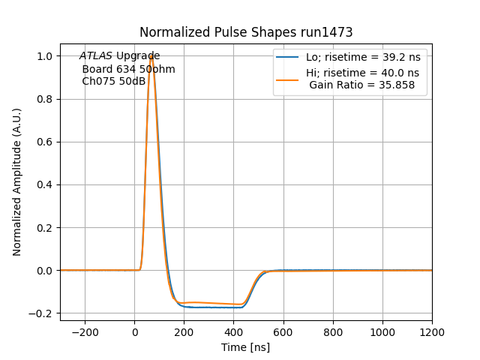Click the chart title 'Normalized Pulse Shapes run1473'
point(246,32)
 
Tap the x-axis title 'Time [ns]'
point(245,347)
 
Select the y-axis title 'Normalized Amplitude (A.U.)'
point(17,181)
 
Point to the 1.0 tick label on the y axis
point(45,56)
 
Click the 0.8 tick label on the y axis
point(45,99)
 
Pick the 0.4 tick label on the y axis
point(45,184)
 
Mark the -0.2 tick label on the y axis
point(43,313)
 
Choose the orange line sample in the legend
point(289,79)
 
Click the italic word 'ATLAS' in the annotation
point(96,56)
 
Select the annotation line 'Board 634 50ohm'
point(128,69)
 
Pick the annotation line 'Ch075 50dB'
point(113,81)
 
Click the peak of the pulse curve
point(151,55)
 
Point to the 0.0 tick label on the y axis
point(45,271)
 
